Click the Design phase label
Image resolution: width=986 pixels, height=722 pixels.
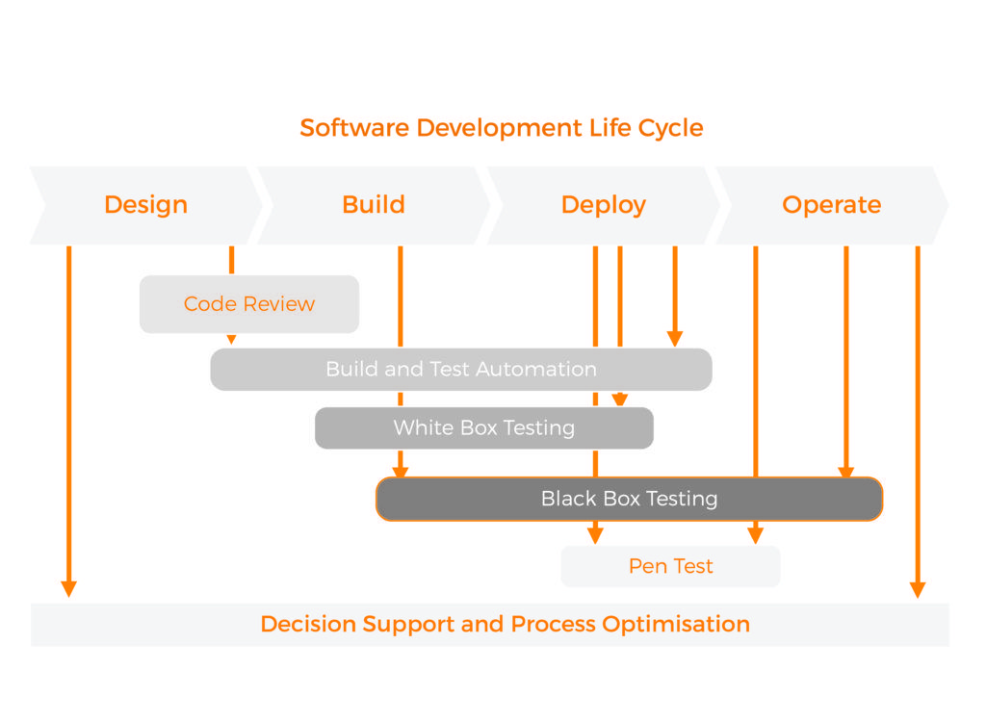[145, 205]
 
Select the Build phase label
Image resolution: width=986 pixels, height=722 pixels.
[374, 205]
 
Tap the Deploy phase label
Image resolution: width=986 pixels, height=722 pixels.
[603, 205]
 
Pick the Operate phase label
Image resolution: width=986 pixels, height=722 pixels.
[831, 205]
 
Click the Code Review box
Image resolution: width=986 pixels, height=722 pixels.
[249, 304]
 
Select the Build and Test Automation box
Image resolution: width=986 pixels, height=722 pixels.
[461, 370]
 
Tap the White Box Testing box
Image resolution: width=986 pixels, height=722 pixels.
[483, 428]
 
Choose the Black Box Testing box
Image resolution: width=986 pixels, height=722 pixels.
[629, 499]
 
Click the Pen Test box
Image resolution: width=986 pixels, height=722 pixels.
[670, 566]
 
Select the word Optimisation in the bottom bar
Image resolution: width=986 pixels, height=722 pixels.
[676, 624]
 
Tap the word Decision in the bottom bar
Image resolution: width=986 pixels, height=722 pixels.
[307, 624]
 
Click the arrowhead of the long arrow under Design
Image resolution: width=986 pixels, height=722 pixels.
[68, 588]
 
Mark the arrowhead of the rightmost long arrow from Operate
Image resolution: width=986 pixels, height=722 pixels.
[918, 588]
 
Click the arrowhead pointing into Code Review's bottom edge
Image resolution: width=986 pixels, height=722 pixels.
[231, 339]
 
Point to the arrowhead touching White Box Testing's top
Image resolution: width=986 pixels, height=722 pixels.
[619, 400]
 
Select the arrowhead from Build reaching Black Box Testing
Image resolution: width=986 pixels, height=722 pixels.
[401, 472]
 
